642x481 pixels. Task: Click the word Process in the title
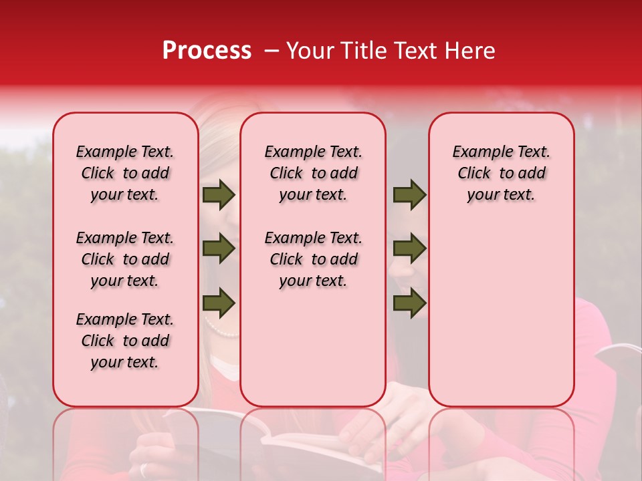[x=206, y=51]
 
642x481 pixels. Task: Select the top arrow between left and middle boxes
[x=218, y=194]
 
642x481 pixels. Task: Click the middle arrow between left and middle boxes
[x=218, y=249]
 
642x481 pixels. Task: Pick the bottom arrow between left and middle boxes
[x=218, y=303]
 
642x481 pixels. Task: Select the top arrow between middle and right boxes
[x=409, y=194]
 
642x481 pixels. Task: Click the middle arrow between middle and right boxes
[x=409, y=249]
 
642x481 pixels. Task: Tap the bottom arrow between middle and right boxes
[x=409, y=303]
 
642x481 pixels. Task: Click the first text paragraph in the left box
[x=125, y=173]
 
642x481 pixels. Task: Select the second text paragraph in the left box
[x=125, y=259]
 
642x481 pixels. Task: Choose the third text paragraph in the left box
[x=125, y=341]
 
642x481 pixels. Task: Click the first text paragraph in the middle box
[x=313, y=173]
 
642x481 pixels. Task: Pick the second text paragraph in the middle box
[x=313, y=259]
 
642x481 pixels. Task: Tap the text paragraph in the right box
[x=501, y=173]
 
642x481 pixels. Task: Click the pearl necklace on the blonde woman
[x=221, y=330]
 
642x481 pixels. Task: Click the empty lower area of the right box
[x=501, y=321]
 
